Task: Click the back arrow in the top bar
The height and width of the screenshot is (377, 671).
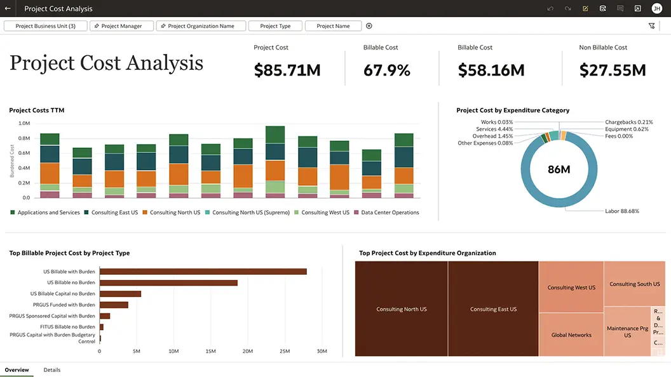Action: pyautogui.click(x=8, y=9)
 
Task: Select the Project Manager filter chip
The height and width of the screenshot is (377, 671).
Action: pyautogui.click(x=121, y=26)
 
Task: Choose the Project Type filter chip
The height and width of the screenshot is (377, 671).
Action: pyautogui.click(x=274, y=26)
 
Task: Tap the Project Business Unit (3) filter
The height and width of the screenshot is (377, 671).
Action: pyautogui.click(x=45, y=26)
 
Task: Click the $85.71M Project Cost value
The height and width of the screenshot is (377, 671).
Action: pyautogui.click(x=287, y=70)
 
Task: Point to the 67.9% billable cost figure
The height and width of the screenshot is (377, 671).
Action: pyautogui.click(x=387, y=70)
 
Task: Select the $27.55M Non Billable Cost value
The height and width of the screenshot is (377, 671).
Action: pyautogui.click(x=613, y=70)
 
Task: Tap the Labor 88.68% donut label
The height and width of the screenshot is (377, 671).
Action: pyautogui.click(x=621, y=211)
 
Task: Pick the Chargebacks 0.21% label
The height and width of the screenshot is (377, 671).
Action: pyautogui.click(x=629, y=122)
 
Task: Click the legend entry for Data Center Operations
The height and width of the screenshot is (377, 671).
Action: pyautogui.click(x=390, y=213)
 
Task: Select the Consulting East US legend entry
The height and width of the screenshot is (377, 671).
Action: pyautogui.click(x=114, y=213)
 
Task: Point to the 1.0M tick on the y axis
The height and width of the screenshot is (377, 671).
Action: pyautogui.click(x=24, y=124)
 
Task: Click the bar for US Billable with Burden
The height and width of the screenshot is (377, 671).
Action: pyautogui.click(x=203, y=272)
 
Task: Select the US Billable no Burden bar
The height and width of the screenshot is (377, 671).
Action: pyautogui.click(x=168, y=283)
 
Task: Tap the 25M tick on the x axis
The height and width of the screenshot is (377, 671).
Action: pyautogui.click(x=285, y=351)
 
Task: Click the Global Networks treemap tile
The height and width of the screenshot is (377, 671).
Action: pyautogui.click(x=571, y=335)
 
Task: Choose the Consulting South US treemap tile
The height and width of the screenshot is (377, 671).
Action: pyautogui.click(x=634, y=284)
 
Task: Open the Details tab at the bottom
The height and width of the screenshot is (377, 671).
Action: pyautogui.click(x=52, y=369)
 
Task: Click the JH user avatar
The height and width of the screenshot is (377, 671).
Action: pyautogui.click(x=656, y=9)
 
